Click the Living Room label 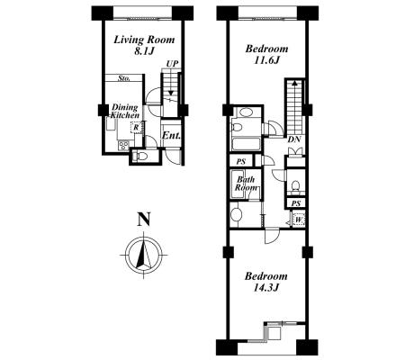[x=144, y=40]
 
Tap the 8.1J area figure [x=144, y=51]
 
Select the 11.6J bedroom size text [x=266, y=60]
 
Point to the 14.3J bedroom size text [x=266, y=288]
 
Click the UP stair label [x=172, y=64]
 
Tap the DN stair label [x=294, y=139]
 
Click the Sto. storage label [x=124, y=78]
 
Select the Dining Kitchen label [x=125, y=111]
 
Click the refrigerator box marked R [x=136, y=128]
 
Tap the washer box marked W [x=299, y=220]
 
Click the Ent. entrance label [x=171, y=136]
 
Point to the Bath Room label [x=246, y=184]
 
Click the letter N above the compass [x=143, y=219]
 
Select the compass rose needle [x=144, y=252]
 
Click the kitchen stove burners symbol [x=123, y=146]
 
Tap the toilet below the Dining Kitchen [x=140, y=156]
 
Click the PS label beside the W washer [x=296, y=203]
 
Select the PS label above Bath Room [x=240, y=162]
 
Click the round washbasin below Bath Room [x=237, y=214]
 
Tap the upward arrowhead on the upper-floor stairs [x=294, y=83]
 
